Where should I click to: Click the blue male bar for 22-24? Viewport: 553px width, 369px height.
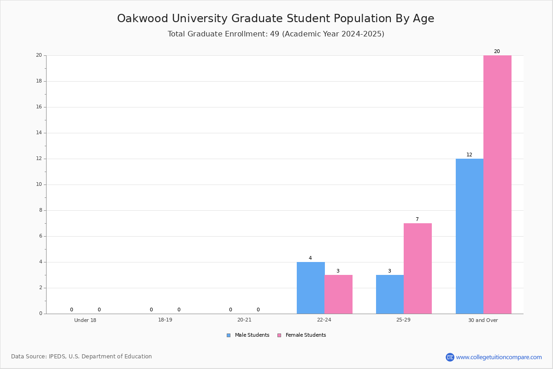(x=311, y=288)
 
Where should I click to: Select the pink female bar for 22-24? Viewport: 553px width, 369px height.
(x=338, y=294)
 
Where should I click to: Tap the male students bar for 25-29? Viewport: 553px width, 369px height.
(x=390, y=294)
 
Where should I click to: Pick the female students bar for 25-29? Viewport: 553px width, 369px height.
(x=418, y=268)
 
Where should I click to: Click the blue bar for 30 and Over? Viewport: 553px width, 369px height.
(x=470, y=236)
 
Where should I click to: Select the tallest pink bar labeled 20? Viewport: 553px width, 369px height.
(x=497, y=184)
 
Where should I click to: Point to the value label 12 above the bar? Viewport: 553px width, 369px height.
(x=469, y=155)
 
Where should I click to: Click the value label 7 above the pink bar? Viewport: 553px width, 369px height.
(x=417, y=219)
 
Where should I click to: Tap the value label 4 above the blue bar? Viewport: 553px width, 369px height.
(x=310, y=258)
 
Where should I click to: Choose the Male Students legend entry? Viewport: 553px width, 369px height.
(x=248, y=335)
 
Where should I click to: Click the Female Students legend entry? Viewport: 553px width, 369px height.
(x=302, y=335)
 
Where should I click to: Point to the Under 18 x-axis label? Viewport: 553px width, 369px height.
(x=85, y=320)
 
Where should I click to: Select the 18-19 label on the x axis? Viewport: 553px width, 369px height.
(x=165, y=320)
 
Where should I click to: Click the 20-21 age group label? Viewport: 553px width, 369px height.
(x=244, y=320)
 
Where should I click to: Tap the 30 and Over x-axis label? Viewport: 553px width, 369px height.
(x=483, y=320)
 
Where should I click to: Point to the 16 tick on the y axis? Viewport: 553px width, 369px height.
(x=39, y=107)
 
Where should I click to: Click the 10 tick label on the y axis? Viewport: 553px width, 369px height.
(x=39, y=184)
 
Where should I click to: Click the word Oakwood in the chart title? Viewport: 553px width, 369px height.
(x=143, y=18)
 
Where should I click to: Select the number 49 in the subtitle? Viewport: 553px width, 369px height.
(x=275, y=34)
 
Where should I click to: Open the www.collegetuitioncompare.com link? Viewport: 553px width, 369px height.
(x=499, y=357)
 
